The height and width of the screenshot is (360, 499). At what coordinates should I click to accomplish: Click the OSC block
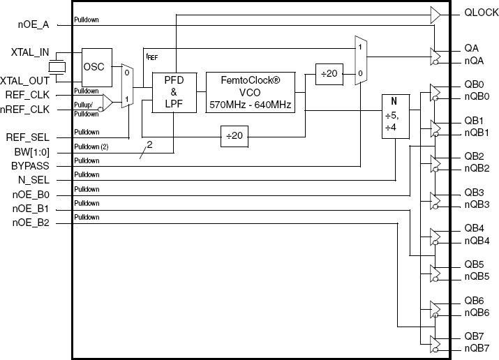pyautogui.click(x=97, y=68)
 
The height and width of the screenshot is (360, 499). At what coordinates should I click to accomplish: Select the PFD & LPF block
pyautogui.click(x=174, y=92)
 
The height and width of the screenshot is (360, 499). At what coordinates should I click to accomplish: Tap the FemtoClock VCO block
pyautogui.click(x=250, y=92)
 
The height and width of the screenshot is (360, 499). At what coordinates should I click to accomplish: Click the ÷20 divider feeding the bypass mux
pyautogui.click(x=329, y=74)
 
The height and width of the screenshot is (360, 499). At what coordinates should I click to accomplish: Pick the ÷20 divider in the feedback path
pyautogui.click(x=234, y=137)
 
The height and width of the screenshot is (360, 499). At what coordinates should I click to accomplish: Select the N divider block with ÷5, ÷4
pyautogui.click(x=395, y=117)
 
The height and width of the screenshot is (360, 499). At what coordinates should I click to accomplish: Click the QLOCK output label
pyautogui.click(x=481, y=13)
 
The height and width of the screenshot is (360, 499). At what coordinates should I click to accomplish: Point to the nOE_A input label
pyautogui.click(x=33, y=25)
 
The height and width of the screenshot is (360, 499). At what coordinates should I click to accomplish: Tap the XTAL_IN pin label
pyautogui.click(x=30, y=52)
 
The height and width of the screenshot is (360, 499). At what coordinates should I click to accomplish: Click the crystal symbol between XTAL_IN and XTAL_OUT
pyautogui.click(x=57, y=67)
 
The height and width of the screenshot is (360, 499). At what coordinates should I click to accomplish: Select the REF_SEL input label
pyautogui.click(x=28, y=137)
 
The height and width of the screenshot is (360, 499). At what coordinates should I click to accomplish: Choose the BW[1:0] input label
pyautogui.click(x=32, y=152)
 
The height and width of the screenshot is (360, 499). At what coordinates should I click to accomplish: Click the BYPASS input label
pyautogui.click(x=30, y=165)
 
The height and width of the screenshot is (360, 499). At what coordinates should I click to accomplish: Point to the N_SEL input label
pyautogui.click(x=33, y=180)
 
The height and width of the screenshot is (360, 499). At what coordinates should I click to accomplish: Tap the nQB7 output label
pyautogui.click(x=477, y=349)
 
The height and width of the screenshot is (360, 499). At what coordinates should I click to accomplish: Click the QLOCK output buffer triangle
pyautogui.click(x=435, y=15)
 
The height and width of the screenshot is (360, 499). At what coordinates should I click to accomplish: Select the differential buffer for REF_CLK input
pyautogui.click(x=107, y=103)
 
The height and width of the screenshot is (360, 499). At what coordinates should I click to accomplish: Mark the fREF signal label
pyautogui.click(x=152, y=57)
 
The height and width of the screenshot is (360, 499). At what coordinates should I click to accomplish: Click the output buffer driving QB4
pyautogui.click(x=435, y=237)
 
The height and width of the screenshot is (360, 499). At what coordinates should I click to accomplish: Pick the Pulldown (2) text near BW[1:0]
pyautogui.click(x=91, y=147)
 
